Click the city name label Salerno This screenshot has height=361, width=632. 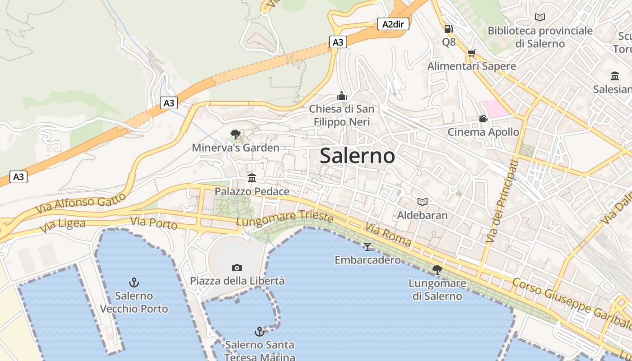pos(357,156)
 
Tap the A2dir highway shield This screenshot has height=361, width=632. pos(393,24)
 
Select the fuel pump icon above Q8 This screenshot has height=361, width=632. pos(448,29)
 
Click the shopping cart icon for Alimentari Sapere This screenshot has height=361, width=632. pos(472,53)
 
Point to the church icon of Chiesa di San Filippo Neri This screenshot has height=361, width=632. pos(342,96)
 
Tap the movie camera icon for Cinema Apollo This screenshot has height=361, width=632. pos(483,119)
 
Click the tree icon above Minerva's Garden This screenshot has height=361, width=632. pos(235,134)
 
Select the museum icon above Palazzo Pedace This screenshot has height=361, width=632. pos(252,178)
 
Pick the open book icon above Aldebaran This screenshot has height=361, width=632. pos(422,202)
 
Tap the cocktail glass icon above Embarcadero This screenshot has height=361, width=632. pos(367,246)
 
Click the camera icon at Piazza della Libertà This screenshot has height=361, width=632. pos(237,268)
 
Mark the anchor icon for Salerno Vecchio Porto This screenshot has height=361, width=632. pos(134,283)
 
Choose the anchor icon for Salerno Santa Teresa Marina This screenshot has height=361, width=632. pos(259,332)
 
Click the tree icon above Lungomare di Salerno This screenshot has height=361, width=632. pos(437,270)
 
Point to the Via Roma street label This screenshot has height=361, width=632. pos(388,235)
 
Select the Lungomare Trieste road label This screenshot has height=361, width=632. pos(284,219)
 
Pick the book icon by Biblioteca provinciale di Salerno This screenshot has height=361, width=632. pos(539,17)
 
